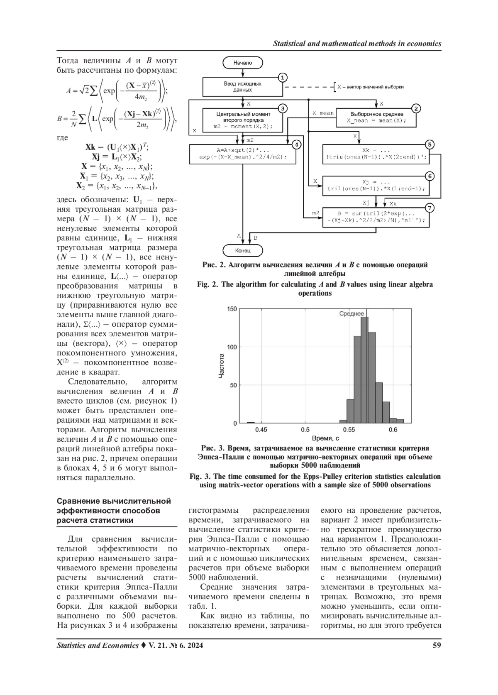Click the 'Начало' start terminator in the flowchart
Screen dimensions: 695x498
tap(243, 63)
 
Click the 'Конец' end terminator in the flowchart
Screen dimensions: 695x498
tap(243, 250)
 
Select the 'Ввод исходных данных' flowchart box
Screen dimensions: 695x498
tap(242, 86)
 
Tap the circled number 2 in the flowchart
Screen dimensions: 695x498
tap(416, 109)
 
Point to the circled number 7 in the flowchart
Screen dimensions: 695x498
tap(430, 207)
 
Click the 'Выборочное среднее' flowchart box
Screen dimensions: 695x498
tap(376, 117)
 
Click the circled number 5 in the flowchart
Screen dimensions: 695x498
tap(430, 144)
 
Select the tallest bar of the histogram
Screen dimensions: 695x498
tap(364, 370)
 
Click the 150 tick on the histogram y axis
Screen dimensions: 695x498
tap(232, 309)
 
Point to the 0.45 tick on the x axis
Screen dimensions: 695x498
tap(261, 430)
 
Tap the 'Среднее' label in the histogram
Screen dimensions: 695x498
tap(351, 314)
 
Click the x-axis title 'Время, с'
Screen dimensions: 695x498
tap(325, 438)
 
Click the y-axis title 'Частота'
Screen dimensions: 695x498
tap(222, 365)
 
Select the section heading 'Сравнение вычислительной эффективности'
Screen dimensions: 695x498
tap(114, 511)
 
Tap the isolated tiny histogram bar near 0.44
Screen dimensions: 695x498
tap(251, 422)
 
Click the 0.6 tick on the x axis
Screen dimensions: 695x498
tap(393, 430)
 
